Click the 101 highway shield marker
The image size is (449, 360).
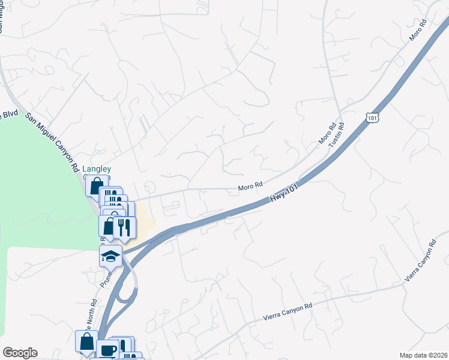pos(372,118)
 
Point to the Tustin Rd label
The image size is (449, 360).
pos(341,135)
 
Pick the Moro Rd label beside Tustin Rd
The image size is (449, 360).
pos(327,135)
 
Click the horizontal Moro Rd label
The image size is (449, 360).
pos(250,187)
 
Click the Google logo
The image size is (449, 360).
pos(20,353)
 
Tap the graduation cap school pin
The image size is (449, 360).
pos(111,257)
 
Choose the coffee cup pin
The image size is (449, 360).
pos(108,350)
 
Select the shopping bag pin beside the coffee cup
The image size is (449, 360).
pos(87,342)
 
